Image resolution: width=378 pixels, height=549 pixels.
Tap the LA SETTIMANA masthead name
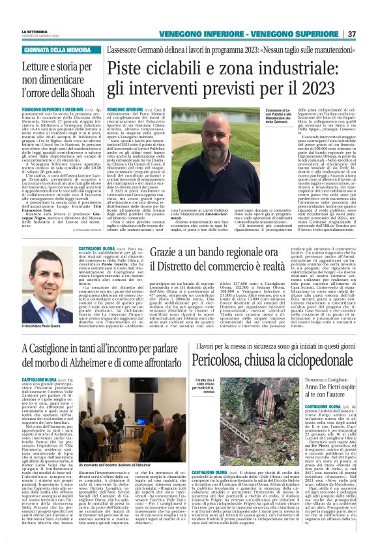coord(35,31)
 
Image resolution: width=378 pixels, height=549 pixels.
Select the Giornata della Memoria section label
coord(57,50)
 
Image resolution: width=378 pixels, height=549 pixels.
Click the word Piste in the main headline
coord(127,68)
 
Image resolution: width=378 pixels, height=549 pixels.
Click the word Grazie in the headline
coord(171,251)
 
